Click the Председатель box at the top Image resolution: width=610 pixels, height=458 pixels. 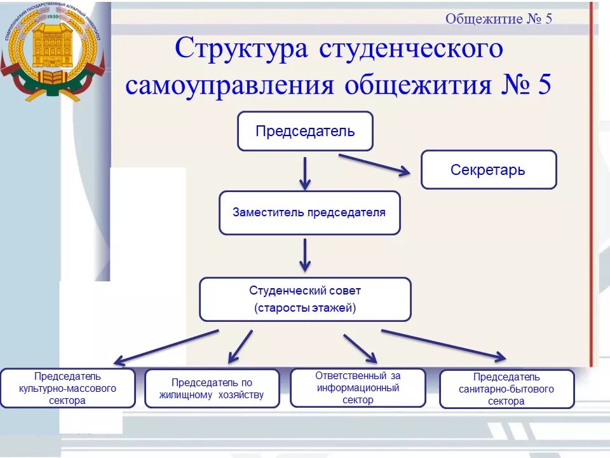pos(305,131)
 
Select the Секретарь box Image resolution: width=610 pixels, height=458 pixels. pos(488,170)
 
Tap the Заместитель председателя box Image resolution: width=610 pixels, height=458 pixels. pos(309,212)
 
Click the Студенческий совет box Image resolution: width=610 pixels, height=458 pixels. pos(305,299)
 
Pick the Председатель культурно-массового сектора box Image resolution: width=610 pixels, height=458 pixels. pos(67,388)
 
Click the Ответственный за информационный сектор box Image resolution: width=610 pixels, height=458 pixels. pos(358,387)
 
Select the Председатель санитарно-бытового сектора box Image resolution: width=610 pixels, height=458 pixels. pos(506,389)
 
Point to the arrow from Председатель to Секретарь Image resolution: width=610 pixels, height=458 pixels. pos(375,162)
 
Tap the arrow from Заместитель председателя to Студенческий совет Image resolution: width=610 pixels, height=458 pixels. pos(305,254)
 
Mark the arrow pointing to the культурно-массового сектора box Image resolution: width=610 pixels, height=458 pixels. pos(168,346)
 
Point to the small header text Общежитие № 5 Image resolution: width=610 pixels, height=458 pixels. pos(499,18)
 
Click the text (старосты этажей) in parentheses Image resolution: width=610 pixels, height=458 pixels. pos(305,309)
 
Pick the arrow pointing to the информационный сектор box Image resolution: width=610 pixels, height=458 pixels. pos(360,348)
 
